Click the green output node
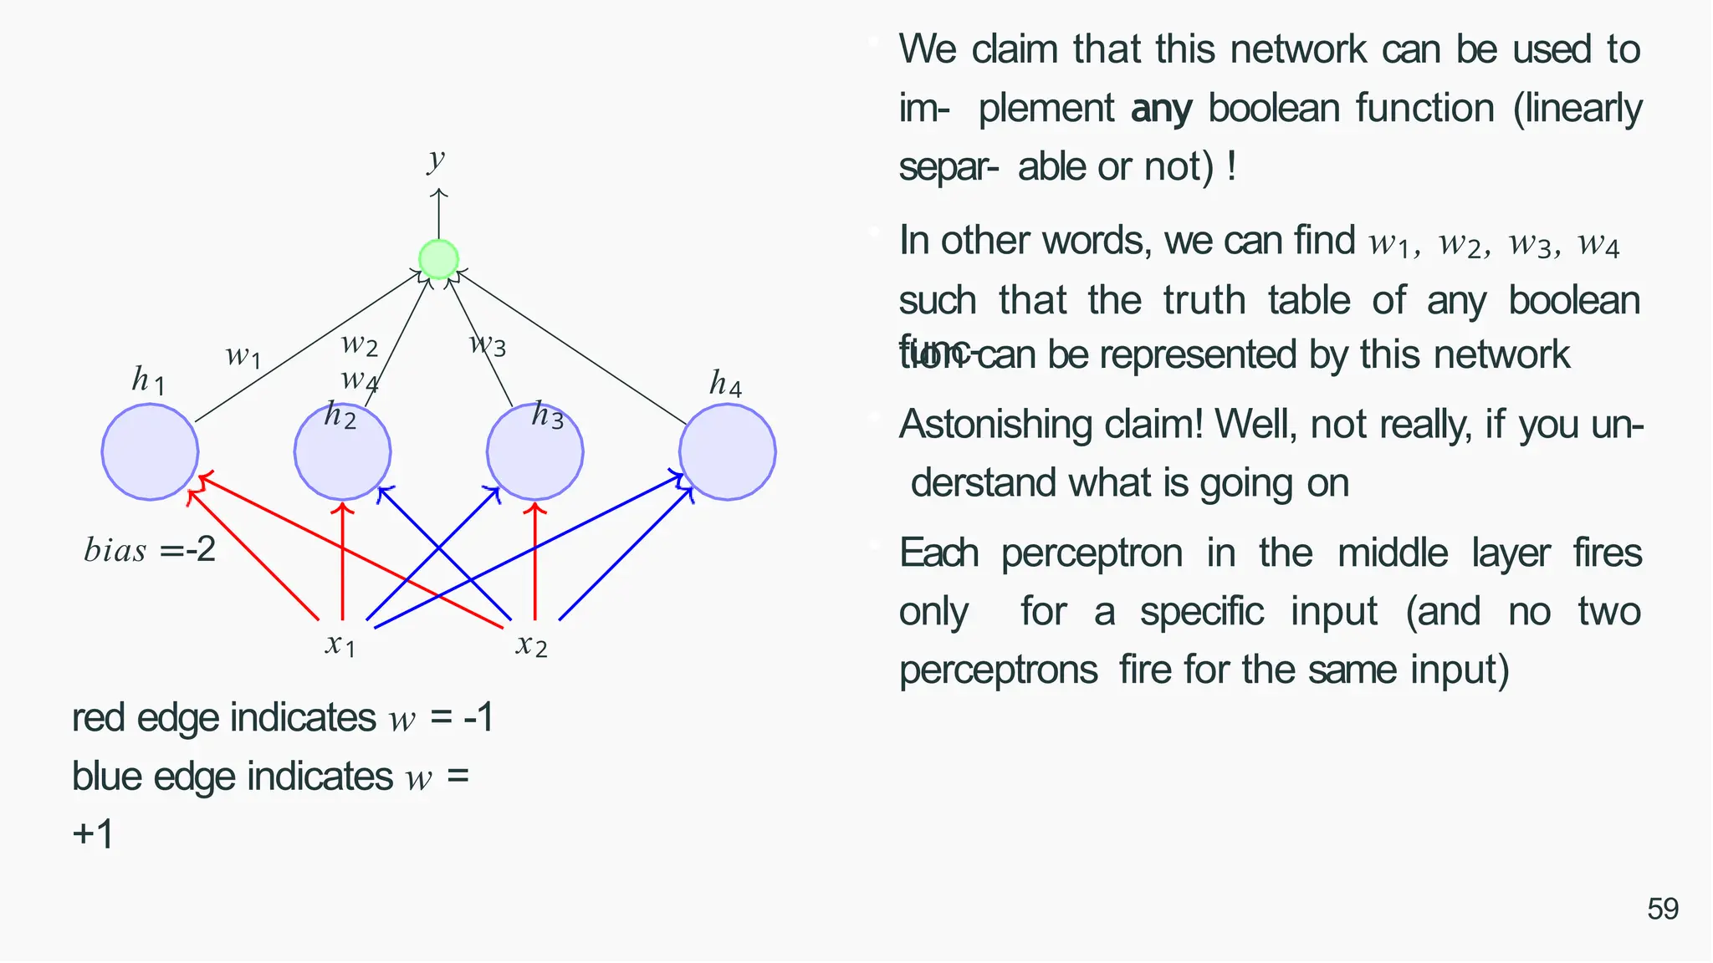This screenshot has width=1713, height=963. click(x=438, y=259)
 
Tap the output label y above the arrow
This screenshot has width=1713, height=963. click(x=436, y=158)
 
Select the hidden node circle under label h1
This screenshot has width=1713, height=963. click(x=151, y=452)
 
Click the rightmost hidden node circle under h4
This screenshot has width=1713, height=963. click(x=727, y=452)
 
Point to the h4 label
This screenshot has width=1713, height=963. click(x=725, y=384)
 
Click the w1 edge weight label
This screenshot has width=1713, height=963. click(x=243, y=357)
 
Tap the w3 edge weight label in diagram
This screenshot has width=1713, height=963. click(x=488, y=344)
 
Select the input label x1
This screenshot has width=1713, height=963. click(x=340, y=645)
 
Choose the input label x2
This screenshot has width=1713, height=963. click(x=532, y=645)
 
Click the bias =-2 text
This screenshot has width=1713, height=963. click(x=151, y=550)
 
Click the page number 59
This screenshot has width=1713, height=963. click(x=1663, y=909)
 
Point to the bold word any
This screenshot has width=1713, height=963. click(x=1161, y=110)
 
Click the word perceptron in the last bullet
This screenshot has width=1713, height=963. click(x=1092, y=554)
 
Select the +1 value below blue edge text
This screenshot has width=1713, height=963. click(x=93, y=833)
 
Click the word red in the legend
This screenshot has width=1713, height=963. click(x=98, y=718)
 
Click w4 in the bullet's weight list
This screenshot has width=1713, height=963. click(x=1598, y=244)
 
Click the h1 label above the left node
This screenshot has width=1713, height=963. click(x=148, y=381)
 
